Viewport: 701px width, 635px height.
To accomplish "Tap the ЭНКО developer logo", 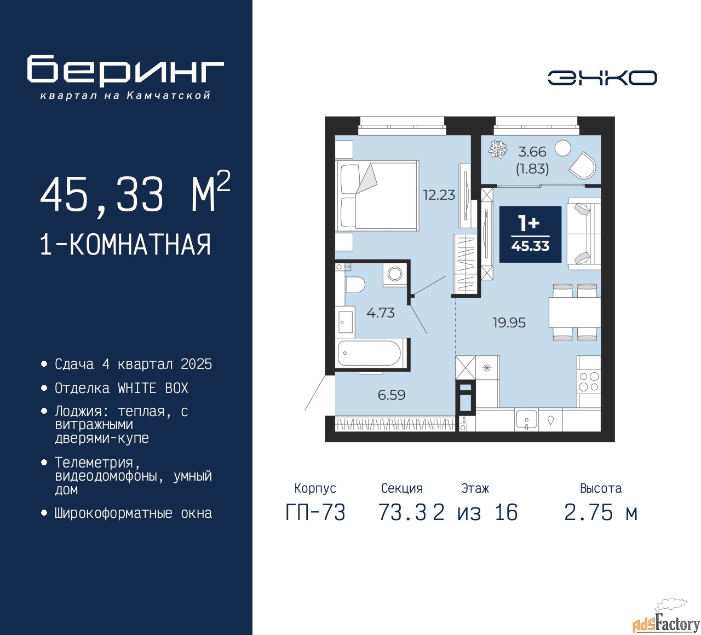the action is pos(602,78).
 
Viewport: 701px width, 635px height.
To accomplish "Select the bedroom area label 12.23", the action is pos(439,195).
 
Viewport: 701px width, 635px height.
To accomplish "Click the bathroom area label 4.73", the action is pos(381,313).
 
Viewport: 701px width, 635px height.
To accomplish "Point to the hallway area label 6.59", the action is pos(392,395).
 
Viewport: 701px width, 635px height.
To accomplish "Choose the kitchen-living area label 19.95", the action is pos(509,323).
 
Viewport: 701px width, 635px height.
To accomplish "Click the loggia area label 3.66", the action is pos(532,152).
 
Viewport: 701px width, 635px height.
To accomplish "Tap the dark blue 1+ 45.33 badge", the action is pos(530,234).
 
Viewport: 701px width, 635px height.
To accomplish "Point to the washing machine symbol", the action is pos(394,275).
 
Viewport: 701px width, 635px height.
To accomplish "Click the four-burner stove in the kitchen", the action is pos(589,382).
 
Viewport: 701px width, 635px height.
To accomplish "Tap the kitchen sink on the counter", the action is pos(526,419).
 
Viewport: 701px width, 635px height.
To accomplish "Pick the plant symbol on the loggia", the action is pos(498,149).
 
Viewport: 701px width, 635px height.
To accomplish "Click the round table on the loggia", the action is pos(562,148).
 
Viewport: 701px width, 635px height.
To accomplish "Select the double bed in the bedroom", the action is pos(377,196).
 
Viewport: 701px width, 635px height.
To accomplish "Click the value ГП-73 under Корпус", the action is pos(315,512).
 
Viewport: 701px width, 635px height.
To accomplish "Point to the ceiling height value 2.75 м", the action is pos(601,512).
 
